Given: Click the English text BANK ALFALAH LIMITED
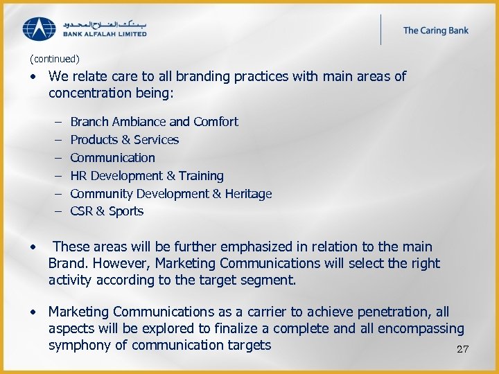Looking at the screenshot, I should (105, 33).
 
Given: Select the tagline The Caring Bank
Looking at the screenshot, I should (435, 30).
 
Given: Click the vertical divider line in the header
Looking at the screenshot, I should (380, 29).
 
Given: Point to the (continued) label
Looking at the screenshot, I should (55, 60).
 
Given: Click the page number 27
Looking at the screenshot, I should (462, 349).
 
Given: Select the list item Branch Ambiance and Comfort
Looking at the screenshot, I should (154, 122).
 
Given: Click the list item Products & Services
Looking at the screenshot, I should (124, 140).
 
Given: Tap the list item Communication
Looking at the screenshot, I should (112, 158).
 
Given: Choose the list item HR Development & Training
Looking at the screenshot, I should (147, 176).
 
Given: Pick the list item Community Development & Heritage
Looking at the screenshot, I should (170, 194).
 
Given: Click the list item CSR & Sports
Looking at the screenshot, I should (107, 212).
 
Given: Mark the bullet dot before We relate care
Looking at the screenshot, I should (34, 77).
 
